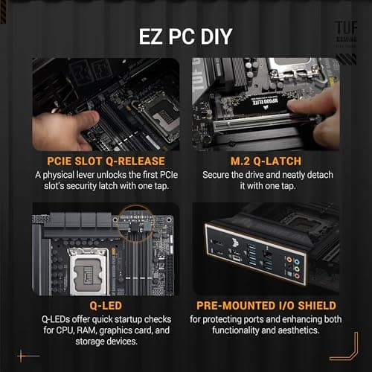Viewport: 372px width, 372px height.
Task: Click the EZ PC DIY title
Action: (x=185, y=36)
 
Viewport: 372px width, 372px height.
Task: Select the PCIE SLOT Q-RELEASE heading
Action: (x=105, y=161)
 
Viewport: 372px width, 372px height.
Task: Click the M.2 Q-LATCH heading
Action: (x=266, y=161)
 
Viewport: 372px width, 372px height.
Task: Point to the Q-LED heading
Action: (x=105, y=304)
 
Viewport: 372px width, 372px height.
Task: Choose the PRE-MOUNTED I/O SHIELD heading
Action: (x=266, y=304)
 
